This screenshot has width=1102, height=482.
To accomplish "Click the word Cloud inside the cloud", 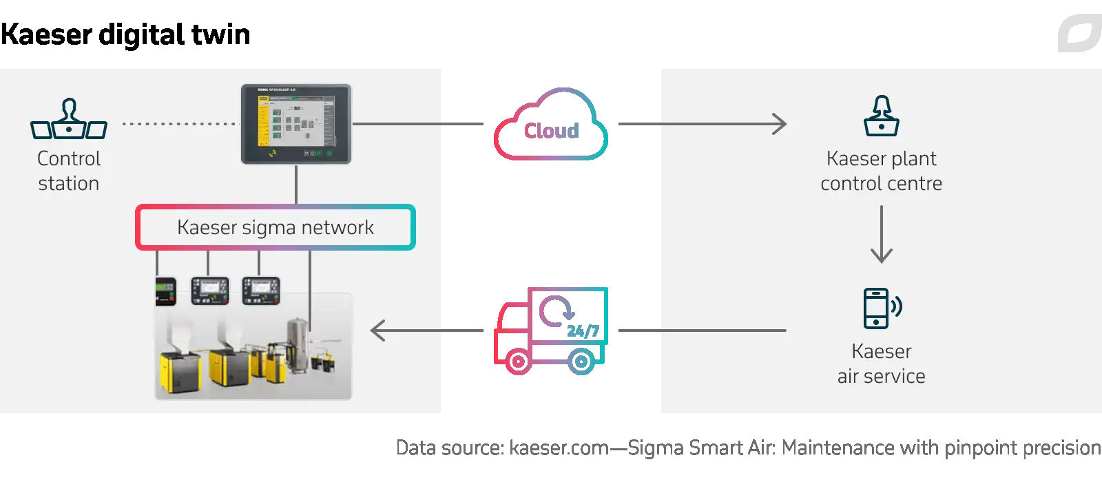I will tap(551, 131).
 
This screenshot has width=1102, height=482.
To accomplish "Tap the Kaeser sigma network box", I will tap(275, 227).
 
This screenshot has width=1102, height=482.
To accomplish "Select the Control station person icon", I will tap(69, 118).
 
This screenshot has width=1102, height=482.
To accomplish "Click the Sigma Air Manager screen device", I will tap(296, 124).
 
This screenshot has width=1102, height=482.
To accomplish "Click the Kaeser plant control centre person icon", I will tap(882, 116).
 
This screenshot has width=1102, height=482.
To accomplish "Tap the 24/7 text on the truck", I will tap(583, 331).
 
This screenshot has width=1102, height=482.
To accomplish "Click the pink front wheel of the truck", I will tap(518, 361).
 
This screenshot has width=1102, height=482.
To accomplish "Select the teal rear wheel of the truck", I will tap(581, 361).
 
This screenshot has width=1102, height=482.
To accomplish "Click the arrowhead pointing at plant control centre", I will tap(780, 124).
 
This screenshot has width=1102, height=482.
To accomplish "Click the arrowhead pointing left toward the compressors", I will tap(377, 331).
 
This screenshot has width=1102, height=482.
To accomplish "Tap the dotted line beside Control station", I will tap(179, 124).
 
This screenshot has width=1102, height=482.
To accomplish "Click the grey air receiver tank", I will tap(298, 344).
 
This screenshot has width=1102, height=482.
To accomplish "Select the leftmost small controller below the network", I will tap(165, 291).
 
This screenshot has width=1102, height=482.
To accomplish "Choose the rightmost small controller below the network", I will tap(261, 291).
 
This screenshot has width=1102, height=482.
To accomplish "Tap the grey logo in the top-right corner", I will tap(1079, 33).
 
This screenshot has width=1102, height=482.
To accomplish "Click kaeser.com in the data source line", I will tap(559, 448).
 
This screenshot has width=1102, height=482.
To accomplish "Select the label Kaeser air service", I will tap(882, 364).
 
